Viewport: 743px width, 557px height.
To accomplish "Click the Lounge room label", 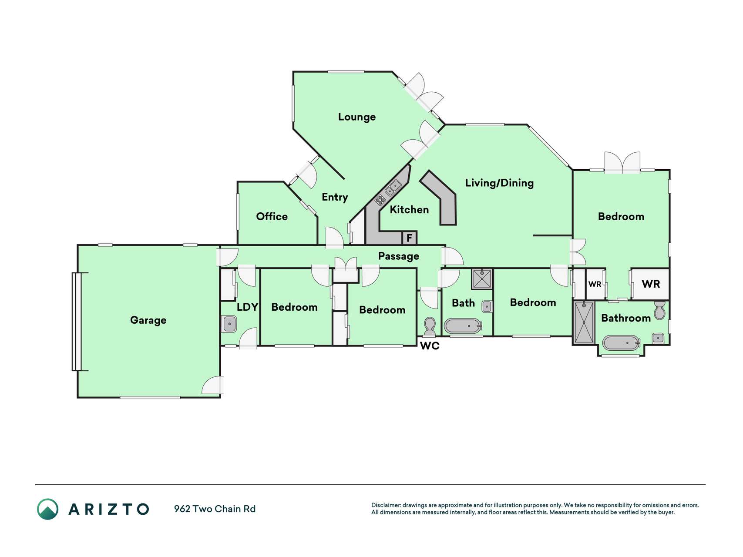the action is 356,117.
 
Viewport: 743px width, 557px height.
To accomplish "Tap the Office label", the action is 272,216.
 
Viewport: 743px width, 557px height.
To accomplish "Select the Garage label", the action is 148,320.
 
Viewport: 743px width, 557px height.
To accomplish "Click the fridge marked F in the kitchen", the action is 409,238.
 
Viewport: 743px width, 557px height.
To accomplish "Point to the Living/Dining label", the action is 499,183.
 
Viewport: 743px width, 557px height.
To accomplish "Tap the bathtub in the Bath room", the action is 463,326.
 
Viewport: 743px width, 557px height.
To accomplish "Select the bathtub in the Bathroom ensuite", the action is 622,343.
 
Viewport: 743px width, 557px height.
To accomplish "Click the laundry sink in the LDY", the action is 230,324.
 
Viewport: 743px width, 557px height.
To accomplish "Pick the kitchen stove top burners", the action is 380,200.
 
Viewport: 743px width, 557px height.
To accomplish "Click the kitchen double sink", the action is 393,188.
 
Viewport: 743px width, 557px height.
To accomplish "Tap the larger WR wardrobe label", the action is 651,284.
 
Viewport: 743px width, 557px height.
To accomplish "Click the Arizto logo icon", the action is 47,509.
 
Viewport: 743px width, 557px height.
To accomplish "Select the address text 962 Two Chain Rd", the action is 215,509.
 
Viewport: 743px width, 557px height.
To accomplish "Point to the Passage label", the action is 398,256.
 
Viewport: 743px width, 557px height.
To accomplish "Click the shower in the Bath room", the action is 482,279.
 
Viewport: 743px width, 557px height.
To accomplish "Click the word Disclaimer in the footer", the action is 386,505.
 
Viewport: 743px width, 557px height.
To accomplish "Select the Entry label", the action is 335,197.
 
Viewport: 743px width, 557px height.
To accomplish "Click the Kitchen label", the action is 409,210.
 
